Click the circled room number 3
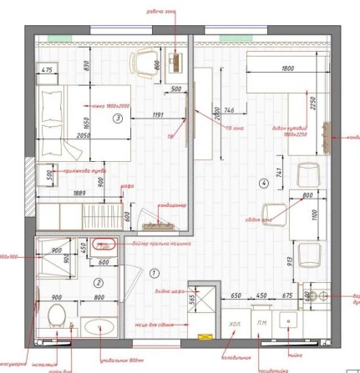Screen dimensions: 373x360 (x=118, y=118)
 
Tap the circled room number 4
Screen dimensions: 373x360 (x=264, y=182)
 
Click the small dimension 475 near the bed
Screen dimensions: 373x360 (x=47, y=70)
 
